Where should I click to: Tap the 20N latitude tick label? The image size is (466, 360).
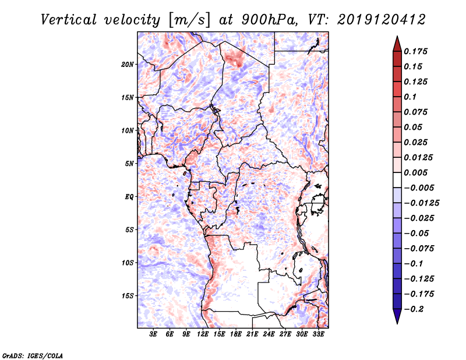point(128,64)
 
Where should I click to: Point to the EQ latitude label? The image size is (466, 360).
point(129,197)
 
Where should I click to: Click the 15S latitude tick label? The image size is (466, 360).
point(128,296)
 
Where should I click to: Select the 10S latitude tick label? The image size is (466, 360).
point(128,263)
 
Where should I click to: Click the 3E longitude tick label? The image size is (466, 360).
point(153,335)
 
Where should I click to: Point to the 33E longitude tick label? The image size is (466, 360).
point(319,335)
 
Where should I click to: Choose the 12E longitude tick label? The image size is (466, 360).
point(203,335)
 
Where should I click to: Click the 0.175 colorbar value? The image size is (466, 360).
point(417,51)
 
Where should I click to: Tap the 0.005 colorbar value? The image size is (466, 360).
point(417,172)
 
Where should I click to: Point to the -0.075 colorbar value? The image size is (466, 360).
point(421,248)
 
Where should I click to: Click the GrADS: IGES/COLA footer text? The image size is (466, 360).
point(32,355)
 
